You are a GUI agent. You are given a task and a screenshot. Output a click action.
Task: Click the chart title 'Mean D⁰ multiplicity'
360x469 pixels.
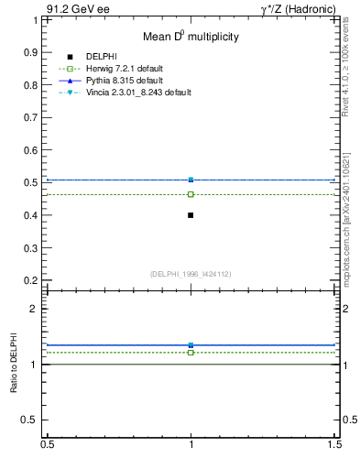tap(191, 38)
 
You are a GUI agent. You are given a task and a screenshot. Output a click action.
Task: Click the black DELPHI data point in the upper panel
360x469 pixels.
tap(191, 215)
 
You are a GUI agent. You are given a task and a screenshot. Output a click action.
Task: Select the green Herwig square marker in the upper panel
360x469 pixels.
tap(191, 194)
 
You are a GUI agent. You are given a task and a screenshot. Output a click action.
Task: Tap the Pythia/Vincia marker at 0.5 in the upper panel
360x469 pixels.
tap(191, 180)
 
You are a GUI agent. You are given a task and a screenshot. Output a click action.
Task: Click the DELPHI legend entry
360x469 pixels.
tap(100, 58)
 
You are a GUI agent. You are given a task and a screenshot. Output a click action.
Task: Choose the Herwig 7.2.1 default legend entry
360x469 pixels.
tap(124, 70)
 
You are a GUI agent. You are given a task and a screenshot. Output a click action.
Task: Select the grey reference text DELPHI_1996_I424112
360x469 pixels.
tap(191, 273)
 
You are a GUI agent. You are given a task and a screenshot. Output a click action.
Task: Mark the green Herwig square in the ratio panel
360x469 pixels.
tap(191, 352)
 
